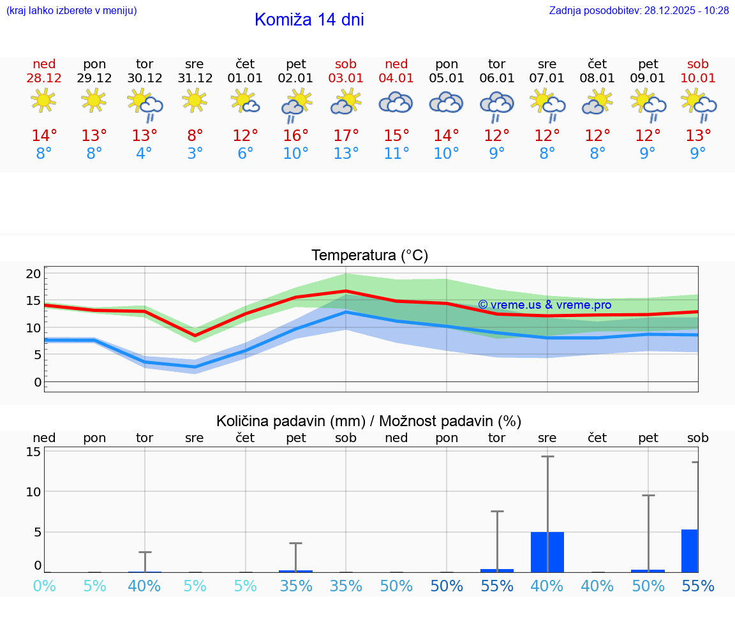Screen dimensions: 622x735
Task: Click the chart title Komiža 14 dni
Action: (309, 20)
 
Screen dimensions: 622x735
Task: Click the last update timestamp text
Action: (639, 11)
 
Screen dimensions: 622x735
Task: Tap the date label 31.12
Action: (195, 78)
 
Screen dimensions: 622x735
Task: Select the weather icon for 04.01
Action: (396, 103)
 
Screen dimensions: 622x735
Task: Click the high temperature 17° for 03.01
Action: (346, 136)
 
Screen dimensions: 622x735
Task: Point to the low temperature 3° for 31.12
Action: (195, 154)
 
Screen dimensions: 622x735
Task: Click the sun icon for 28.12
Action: (43, 101)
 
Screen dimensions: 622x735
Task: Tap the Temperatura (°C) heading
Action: (369, 256)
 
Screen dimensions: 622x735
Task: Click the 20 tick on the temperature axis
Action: (33, 274)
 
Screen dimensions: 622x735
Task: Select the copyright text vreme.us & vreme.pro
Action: (544, 305)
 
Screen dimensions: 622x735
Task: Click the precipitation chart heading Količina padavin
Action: (369, 421)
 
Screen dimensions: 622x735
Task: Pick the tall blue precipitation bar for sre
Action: (547, 552)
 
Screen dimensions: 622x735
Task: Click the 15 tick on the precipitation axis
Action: (33, 452)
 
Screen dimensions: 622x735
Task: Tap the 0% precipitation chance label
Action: (44, 586)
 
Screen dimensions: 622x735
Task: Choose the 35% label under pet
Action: (295, 586)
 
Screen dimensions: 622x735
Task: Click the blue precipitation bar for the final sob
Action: (690, 551)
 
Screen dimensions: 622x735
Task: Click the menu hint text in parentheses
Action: (71, 11)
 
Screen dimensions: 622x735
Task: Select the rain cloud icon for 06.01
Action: (497, 107)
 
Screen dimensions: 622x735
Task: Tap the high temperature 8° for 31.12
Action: (195, 136)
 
